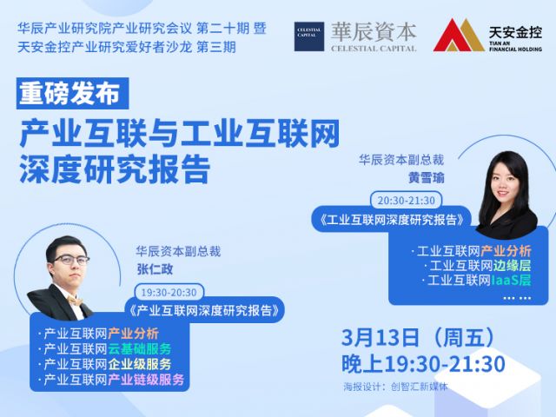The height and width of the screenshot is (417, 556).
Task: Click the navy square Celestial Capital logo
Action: (x=309, y=36)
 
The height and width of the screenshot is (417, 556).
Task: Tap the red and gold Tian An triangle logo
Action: (x=459, y=36)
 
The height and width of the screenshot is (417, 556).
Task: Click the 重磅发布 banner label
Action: (x=72, y=94)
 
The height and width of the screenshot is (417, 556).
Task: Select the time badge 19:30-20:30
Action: (x=169, y=293)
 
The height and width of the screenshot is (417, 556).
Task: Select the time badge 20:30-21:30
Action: (x=406, y=201)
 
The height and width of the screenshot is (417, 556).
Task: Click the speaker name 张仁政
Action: (x=155, y=269)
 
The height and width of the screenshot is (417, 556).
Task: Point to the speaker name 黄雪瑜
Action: (x=426, y=177)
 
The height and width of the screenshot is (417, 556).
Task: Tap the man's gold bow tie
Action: (x=75, y=301)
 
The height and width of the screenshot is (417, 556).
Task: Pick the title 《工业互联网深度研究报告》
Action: (x=392, y=220)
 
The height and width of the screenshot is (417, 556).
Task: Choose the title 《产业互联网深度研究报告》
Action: (x=205, y=311)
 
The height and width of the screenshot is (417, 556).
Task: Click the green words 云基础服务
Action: (x=139, y=349)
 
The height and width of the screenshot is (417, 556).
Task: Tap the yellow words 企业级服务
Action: (x=139, y=364)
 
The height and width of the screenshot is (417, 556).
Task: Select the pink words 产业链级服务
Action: (x=146, y=380)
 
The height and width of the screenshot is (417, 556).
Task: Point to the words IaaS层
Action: (x=511, y=281)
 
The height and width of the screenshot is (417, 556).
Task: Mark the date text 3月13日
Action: (x=381, y=337)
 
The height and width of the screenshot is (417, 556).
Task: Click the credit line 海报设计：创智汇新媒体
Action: (x=395, y=387)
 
